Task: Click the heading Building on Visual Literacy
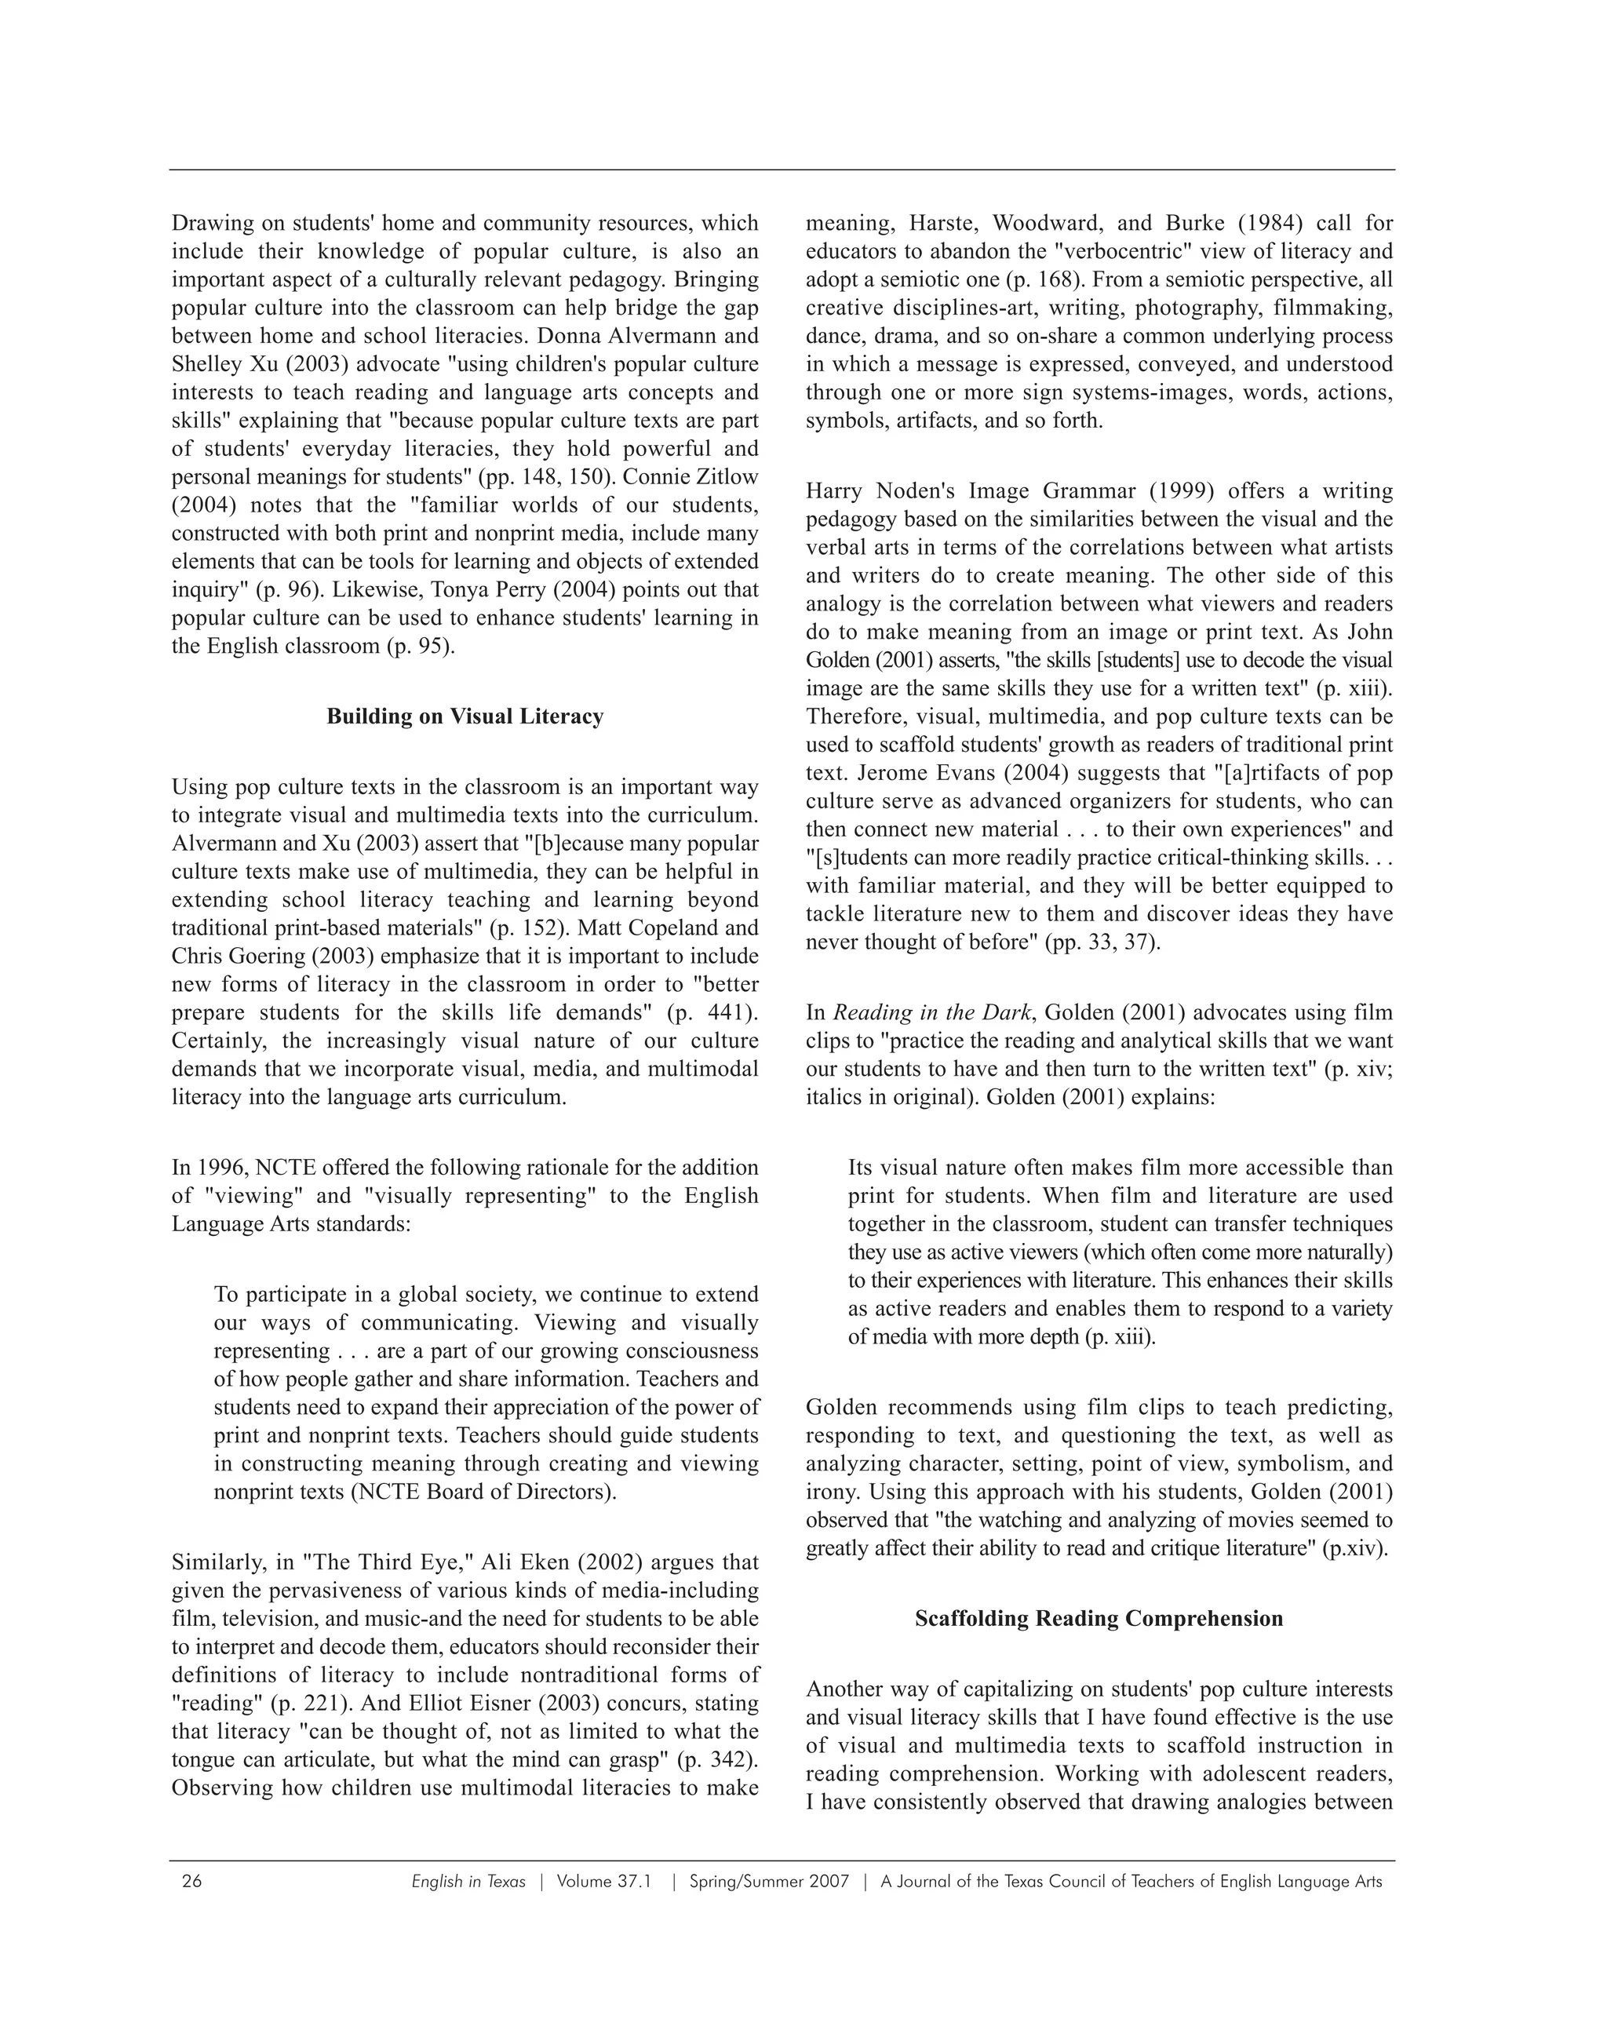465,716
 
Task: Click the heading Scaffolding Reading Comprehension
1099,1619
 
